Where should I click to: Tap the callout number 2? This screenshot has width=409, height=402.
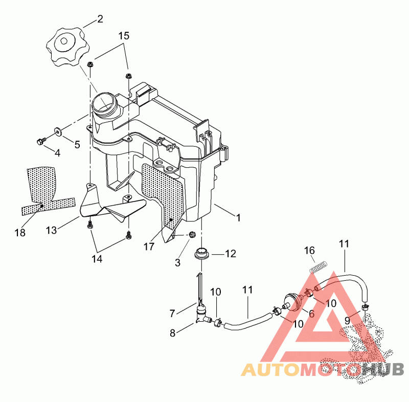coord(100,19)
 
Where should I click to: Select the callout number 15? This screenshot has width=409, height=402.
coord(124,36)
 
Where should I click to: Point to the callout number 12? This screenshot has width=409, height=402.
coord(231,253)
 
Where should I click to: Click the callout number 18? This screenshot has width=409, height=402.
coord(20,233)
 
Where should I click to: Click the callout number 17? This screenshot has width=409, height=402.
coord(149,247)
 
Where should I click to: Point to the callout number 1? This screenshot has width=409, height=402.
coord(238,217)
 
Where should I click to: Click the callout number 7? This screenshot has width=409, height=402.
coord(172,312)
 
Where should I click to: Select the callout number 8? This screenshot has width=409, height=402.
coord(173,332)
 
